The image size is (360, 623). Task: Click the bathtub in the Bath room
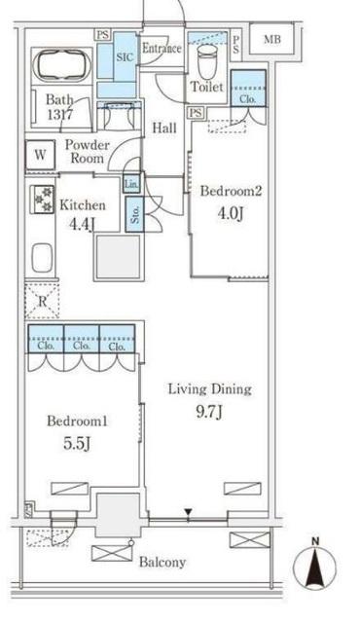click(x=62, y=65)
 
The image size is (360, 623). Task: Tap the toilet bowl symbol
click(x=207, y=61)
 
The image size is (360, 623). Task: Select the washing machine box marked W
click(x=40, y=155)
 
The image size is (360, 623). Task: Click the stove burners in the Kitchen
click(x=42, y=200)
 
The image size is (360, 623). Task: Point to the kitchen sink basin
click(x=42, y=257)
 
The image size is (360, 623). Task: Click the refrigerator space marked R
click(x=42, y=301)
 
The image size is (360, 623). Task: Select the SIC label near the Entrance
click(x=124, y=57)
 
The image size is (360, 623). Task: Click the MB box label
click(x=272, y=39)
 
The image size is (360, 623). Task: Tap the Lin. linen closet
click(x=131, y=184)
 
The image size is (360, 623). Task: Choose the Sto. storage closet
click(x=135, y=214)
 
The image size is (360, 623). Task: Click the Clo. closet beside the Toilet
click(x=248, y=89)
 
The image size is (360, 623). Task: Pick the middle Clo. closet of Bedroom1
click(x=82, y=339)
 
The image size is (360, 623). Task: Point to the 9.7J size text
click(x=209, y=412)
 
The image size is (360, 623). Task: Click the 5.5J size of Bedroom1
click(x=77, y=444)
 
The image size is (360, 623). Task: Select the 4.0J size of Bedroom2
click(x=230, y=213)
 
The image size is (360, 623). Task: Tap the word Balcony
click(x=162, y=563)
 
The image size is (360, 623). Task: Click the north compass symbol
click(x=314, y=565)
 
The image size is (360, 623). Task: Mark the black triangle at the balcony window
click(x=189, y=513)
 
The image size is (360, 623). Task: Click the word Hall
click(x=164, y=128)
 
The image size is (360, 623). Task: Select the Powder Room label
click(x=87, y=152)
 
